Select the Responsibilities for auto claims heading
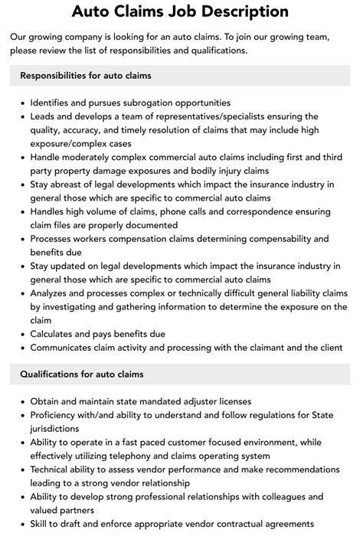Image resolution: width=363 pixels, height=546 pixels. click(x=86, y=75)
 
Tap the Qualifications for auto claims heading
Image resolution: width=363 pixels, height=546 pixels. click(x=83, y=374)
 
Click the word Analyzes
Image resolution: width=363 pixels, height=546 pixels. click(x=54, y=293)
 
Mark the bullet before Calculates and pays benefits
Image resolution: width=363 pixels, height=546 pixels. click(x=23, y=335)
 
